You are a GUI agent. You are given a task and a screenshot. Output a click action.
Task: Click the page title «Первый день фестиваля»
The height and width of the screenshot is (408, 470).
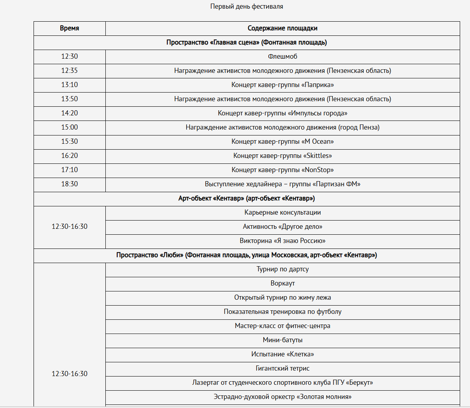click(247, 6)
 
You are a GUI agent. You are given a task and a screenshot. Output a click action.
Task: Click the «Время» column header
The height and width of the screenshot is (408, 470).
click(69, 28)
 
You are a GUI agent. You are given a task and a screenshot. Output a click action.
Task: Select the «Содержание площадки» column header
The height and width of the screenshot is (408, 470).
click(283, 28)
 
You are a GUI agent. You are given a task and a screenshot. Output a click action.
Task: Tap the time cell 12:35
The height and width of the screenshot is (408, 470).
click(69, 71)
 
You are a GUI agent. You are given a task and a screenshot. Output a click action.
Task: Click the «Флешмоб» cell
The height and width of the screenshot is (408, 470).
click(283, 57)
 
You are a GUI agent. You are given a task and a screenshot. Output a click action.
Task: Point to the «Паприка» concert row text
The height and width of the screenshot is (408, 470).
click(283, 85)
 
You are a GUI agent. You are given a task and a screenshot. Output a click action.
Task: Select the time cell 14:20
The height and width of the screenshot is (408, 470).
click(69, 113)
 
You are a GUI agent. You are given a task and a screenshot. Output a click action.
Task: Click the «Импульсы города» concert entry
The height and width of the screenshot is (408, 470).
click(283, 113)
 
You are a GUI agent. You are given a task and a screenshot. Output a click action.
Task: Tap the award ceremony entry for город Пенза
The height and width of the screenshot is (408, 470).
click(283, 128)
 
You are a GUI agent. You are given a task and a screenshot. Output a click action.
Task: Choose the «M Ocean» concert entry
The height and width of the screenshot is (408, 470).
click(283, 142)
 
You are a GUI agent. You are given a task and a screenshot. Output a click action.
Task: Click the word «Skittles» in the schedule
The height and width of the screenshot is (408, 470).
click(318, 156)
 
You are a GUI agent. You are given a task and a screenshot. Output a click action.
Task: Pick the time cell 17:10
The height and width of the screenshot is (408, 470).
click(69, 170)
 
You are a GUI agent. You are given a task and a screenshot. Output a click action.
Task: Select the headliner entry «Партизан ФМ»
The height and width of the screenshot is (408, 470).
click(283, 184)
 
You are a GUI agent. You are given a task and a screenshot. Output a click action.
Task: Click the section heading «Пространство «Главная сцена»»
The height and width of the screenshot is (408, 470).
click(247, 43)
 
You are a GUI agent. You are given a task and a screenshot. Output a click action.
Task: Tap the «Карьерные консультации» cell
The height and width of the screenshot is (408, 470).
click(283, 213)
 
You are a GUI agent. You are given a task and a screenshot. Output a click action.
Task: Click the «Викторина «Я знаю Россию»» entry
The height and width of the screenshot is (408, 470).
click(283, 241)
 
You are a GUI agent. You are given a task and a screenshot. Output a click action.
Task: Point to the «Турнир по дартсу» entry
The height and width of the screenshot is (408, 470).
click(283, 269)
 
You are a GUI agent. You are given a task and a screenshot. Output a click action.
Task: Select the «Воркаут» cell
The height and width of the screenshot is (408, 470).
click(283, 284)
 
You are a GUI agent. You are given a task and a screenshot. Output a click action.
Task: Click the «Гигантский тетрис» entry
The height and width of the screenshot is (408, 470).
click(283, 369)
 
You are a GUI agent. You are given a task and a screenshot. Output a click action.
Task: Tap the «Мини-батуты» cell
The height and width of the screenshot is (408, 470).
click(283, 340)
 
